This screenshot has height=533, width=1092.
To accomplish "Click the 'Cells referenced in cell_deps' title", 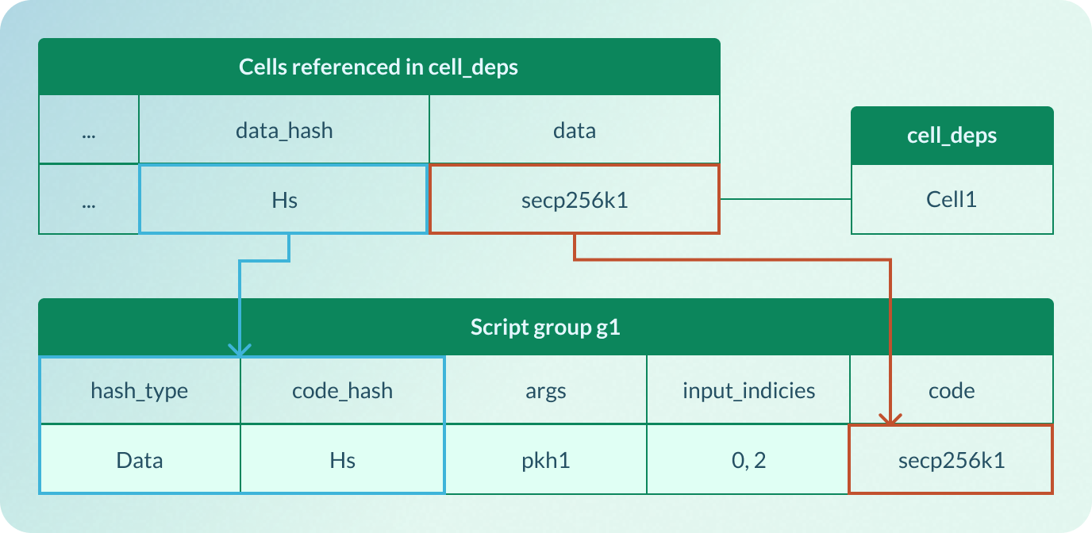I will point(379,67).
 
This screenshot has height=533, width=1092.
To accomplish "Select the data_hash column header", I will point(284,130).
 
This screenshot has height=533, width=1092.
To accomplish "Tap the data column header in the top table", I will point(574,130).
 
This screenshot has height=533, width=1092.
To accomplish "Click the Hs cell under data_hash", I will point(284,199).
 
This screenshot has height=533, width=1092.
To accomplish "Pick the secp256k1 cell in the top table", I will point(574,199).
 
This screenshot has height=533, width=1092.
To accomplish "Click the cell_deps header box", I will point(952,136).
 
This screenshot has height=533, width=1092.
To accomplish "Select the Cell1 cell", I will point(952,199).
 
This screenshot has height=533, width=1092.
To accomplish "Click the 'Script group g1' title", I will point(545,327).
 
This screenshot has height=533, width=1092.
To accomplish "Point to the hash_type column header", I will point(140,390).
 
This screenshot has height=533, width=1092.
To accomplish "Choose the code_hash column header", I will point(342,390).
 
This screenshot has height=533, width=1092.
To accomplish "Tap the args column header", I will point(545,390).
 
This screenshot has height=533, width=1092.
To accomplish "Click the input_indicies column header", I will point(748,390).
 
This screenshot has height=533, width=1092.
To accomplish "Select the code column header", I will point(952,390).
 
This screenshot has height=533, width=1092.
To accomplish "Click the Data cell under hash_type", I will point(140,460).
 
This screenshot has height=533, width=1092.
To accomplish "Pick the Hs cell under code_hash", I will point(342,460).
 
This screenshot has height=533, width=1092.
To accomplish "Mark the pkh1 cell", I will point(545,460).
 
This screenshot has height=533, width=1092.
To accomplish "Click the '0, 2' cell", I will point(748,460).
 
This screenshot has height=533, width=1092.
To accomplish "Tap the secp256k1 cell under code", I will point(952,460).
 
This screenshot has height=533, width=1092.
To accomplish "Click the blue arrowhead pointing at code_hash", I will point(240,349).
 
